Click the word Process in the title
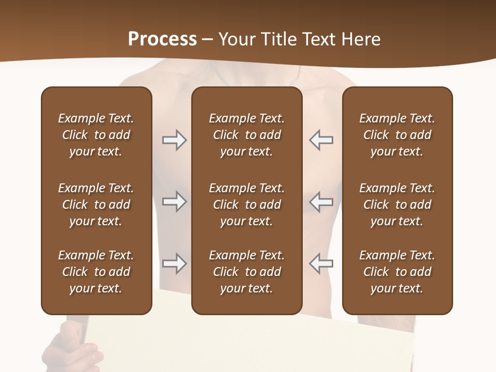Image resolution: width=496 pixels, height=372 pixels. (162, 39)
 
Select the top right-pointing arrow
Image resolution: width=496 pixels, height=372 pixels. (174, 140)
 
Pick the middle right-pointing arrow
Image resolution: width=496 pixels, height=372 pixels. (174, 202)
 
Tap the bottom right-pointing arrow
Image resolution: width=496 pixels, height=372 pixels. (174, 263)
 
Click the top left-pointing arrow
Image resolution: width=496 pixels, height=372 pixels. (321, 140)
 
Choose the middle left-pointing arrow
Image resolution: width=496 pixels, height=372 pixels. (321, 202)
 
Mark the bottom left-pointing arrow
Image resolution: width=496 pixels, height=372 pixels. (321, 263)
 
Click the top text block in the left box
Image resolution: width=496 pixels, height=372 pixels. (96, 135)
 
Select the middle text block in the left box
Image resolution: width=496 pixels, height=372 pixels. (96, 205)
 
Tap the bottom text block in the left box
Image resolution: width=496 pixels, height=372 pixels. (96, 272)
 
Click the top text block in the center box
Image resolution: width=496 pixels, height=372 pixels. (246, 135)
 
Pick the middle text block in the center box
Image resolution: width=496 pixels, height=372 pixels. (246, 205)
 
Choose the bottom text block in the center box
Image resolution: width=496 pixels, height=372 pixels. (246, 272)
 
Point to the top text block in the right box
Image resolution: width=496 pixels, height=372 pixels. (397, 135)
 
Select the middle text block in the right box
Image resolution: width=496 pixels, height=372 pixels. (397, 205)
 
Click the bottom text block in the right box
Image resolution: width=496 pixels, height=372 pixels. (397, 272)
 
